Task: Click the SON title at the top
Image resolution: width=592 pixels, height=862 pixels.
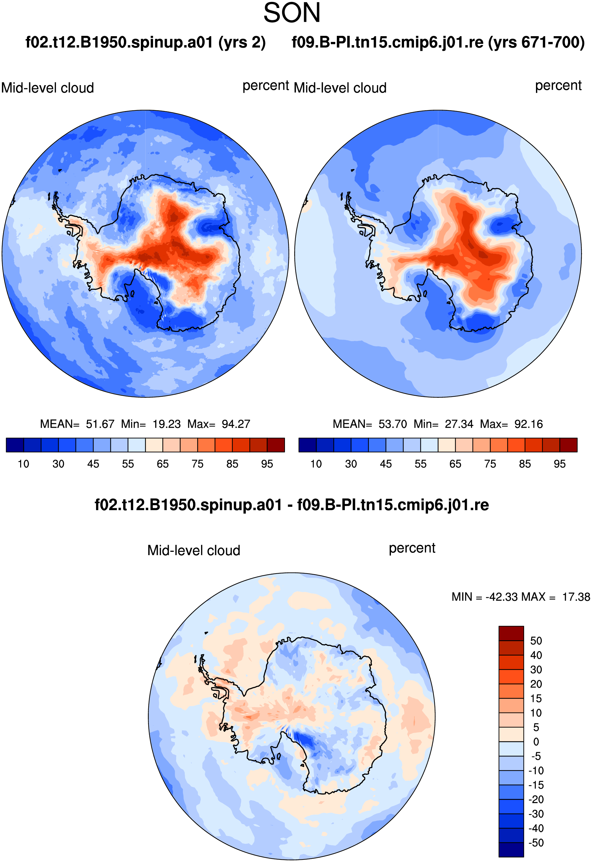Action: click(x=292, y=13)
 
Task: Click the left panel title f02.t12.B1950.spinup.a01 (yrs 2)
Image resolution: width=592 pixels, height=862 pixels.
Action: click(x=145, y=43)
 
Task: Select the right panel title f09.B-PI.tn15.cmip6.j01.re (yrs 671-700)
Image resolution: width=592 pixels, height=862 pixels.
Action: click(x=438, y=43)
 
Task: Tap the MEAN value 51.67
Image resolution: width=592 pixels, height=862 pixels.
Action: click(x=100, y=424)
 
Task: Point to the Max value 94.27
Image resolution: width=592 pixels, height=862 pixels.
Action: click(x=236, y=424)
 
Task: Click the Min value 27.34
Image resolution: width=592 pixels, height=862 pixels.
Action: click(x=459, y=424)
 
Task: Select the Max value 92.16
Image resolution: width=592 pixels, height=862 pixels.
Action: click(x=529, y=424)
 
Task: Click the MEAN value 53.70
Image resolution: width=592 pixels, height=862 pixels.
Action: click(x=393, y=424)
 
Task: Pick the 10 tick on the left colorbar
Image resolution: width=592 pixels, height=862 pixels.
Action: click(x=23, y=464)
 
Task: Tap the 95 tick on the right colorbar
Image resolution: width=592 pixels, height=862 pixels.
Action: click(x=560, y=464)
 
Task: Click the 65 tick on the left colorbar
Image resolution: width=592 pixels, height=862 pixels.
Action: click(x=162, y=464)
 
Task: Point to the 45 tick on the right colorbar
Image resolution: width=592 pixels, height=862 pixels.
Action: click(x=386, y=464)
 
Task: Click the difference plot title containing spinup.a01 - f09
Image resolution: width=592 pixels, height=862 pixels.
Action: click(x=292, y=505)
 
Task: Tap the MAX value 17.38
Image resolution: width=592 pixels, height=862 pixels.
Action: click(x=576, y=597)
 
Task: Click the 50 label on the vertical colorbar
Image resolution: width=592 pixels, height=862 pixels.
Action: click(x=536, y=640)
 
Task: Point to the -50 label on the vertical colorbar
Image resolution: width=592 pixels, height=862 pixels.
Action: click(x=536, y=843)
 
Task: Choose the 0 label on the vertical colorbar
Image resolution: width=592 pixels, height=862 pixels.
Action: click(x=536, y=742)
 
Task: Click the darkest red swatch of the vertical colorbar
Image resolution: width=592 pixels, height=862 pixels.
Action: click(x=511, y=633)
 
